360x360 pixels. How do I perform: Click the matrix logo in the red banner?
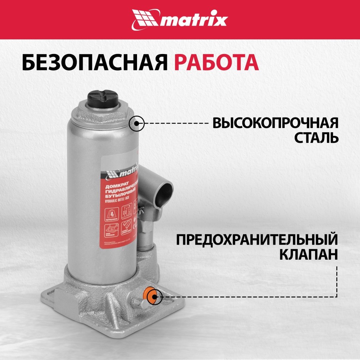click(x=180, y=19)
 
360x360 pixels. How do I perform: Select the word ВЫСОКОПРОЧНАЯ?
click(x=276, y=123)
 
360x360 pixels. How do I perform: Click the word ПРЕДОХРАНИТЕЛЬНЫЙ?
click(x=257, y=240)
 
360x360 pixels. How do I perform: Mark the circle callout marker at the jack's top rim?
click(x=137, y=123)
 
